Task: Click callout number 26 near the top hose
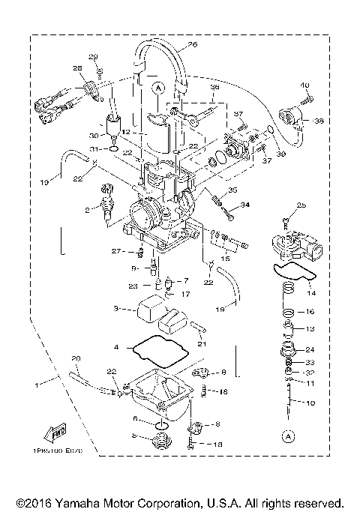pyautogui.click(x=192, y=45)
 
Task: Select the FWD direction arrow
pyautogui.click(x=55, y=434)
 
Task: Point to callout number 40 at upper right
pyautogui.click(x=305, y=85)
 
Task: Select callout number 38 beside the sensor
pyautogui.click(x=319, y=120)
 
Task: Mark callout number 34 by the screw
pyautogui.click(x=244, y=204)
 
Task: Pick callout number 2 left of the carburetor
pyautogui.click(x=88, y=211)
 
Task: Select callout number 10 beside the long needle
pyautogui.click(x=310, y=403)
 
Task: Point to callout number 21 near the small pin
pyautogui.click(x=202, y=343)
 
